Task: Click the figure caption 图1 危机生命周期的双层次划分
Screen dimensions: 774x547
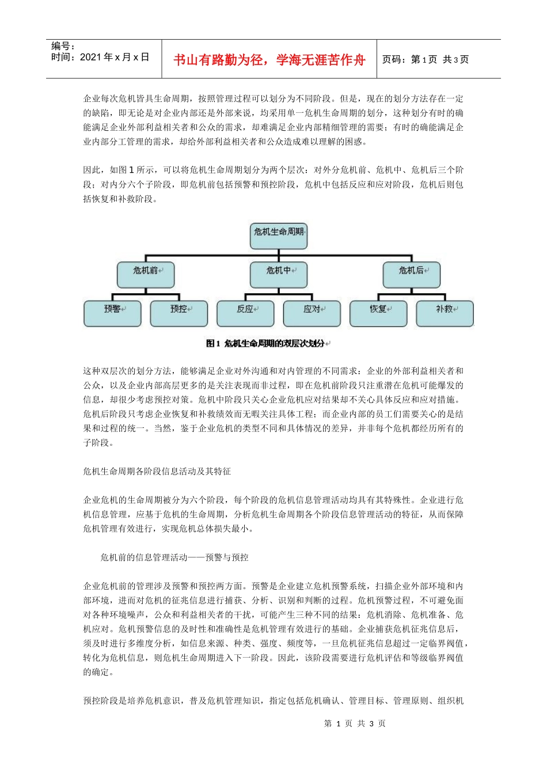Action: click(268, 344)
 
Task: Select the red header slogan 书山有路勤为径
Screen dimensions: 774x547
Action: click(269, 60)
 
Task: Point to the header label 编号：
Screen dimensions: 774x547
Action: click(63, 46)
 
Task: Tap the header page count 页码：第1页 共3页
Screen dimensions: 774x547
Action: click(426, 60)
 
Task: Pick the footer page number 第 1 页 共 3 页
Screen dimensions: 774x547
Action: click(355, 724)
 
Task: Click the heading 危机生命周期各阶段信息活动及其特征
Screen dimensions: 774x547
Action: click(157, 472)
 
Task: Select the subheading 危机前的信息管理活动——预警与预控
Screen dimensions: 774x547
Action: click(174, 557)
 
